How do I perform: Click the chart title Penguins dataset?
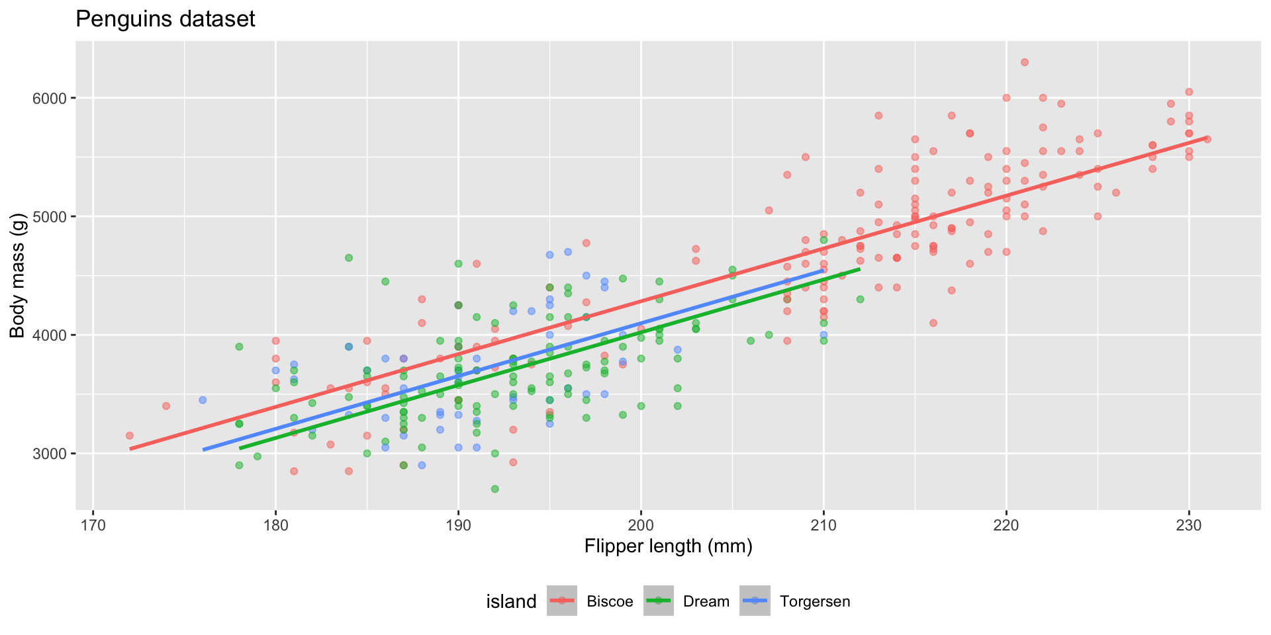coord(165,19)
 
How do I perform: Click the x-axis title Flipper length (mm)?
coord(668,546)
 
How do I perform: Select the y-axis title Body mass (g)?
coord(17,276)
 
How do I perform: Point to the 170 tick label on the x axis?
coord(93,525)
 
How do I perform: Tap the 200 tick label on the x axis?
coord(641,525)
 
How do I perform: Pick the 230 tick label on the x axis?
coord(1189,525)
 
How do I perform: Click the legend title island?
coord(511,601)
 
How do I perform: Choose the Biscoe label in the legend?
coord(610,601)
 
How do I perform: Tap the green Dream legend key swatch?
coord(658,601)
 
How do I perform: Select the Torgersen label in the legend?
coord(815,601)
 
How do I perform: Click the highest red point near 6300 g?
coord(1024,62)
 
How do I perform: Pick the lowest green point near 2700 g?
coord(494,489)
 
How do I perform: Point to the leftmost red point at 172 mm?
coord(129,435)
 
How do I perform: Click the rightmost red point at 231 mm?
coord(1207,139)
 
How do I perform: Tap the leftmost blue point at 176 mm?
coord(203,400)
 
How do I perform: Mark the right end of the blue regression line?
coord(823,270)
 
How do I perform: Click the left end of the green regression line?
coord(240,448)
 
